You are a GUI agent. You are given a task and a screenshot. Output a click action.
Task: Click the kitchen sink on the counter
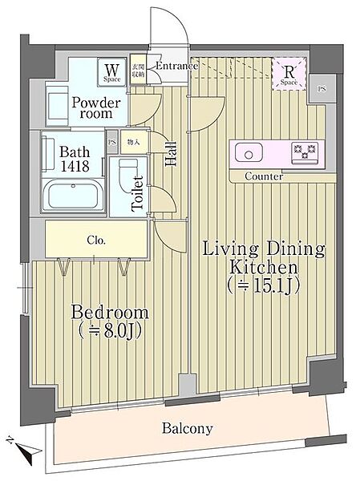(248, 151)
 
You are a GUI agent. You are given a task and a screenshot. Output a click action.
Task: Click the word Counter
(263, 176)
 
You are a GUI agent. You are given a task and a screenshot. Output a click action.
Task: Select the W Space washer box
(110, 73)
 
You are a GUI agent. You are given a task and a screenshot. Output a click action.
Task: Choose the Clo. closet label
(95, 239)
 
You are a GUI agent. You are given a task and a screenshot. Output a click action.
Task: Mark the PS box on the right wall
(321, 87)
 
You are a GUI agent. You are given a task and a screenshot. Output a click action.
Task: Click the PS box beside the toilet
(113, 143)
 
